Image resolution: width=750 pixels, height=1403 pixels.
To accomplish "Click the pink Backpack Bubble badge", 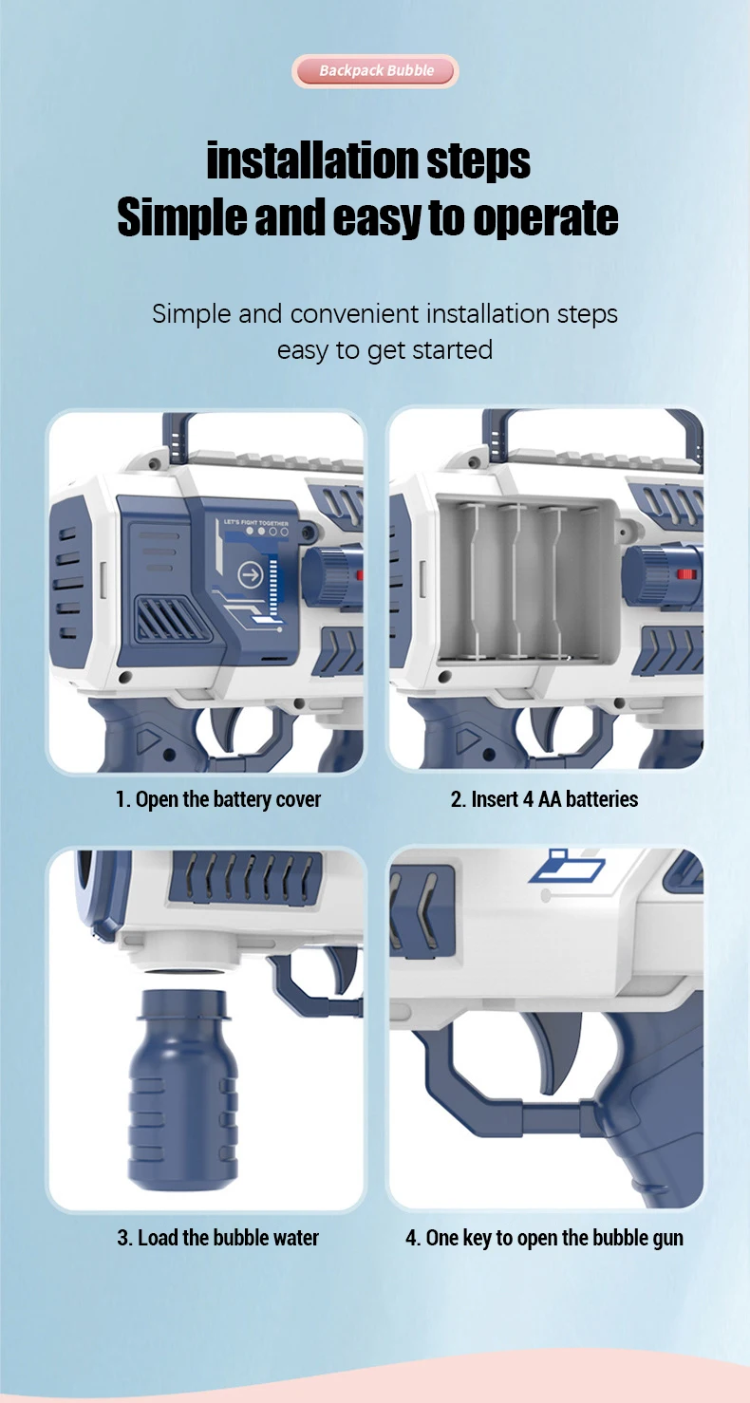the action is point(375,71).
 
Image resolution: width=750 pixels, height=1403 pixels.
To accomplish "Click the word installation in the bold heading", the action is point(312,160).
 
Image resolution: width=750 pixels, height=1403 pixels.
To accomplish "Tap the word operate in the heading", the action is point(546,218).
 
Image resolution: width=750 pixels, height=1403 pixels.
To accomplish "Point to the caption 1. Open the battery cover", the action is point(218,800).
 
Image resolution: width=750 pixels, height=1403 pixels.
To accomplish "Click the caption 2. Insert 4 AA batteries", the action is point(545,800).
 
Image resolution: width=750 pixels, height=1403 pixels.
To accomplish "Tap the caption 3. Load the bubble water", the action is point(218,1238).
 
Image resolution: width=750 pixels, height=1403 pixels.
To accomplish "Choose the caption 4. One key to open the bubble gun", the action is point(545,1238).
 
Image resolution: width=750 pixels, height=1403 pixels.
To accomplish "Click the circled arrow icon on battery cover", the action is point(252,574).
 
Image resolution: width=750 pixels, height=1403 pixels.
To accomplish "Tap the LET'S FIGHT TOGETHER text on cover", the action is point(256,522).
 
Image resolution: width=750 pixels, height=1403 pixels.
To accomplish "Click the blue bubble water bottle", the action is point(183,1090).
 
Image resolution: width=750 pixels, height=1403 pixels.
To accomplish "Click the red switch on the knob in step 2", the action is point(686,574).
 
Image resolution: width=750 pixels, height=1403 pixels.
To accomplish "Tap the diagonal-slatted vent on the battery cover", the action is point(172,618).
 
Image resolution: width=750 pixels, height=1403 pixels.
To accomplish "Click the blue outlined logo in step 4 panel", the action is point(567,866).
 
